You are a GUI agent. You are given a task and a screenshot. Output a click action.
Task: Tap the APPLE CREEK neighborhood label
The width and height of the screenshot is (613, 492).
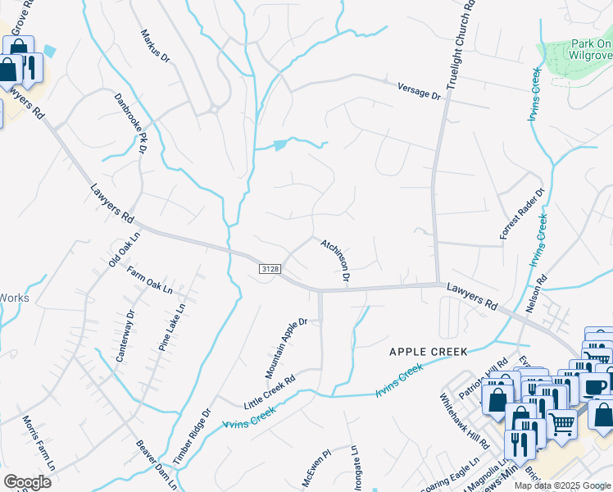coord(428,352)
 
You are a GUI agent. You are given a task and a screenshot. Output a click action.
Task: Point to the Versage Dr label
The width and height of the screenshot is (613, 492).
coord(419,90)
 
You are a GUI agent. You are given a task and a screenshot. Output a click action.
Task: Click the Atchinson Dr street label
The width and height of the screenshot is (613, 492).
coord(336,262)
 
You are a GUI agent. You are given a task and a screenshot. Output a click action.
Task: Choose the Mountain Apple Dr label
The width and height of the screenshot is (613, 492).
coord(285,348)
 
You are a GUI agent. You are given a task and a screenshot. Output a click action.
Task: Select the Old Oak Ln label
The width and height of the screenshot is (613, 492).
coord(125,248)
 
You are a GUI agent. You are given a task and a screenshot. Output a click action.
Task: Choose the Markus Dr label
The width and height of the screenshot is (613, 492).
coord(155,47)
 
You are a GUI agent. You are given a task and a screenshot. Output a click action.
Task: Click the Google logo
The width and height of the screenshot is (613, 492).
coord(28,482)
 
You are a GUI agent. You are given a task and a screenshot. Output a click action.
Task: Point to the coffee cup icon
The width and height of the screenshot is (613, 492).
coord(596,388)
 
